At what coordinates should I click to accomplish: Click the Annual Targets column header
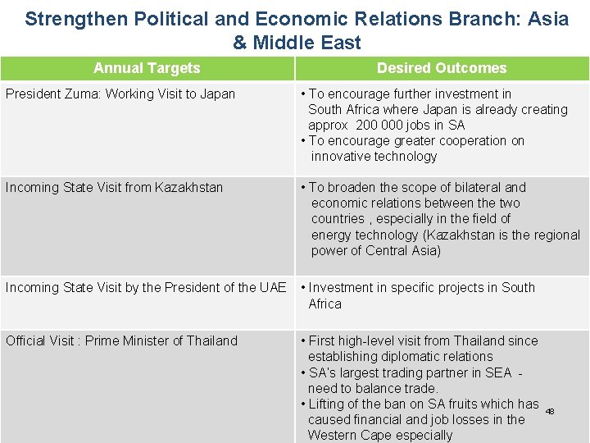tap(147, 68)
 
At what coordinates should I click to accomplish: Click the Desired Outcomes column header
tap(442, 68)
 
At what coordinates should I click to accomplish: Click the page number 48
tap(550, 411)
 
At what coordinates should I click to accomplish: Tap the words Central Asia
tap(403, 250)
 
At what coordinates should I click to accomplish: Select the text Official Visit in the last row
tap(39, 340)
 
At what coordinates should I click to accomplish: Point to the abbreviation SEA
tap(497, 372)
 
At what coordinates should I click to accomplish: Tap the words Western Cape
tap(350, 435)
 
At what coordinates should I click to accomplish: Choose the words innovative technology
tap(374, 156)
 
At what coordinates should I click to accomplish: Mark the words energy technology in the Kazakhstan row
tap(365, 235)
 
